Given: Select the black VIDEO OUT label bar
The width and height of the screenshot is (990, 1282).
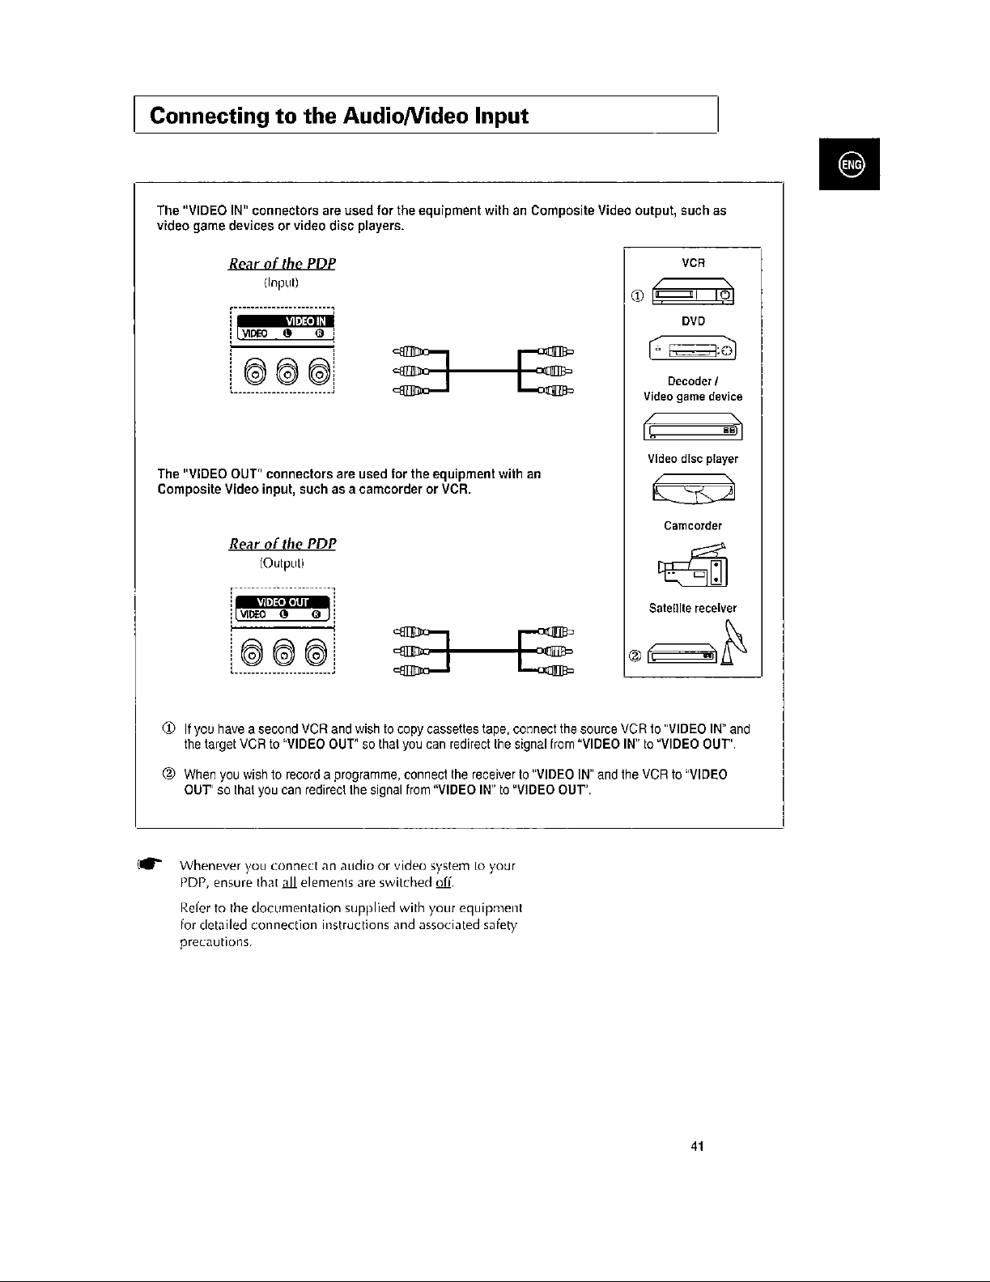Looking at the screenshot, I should coord(283,601).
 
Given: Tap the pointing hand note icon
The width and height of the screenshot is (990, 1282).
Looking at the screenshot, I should coord(151,864).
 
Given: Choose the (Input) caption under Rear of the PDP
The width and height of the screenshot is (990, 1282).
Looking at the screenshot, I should coord(282,282).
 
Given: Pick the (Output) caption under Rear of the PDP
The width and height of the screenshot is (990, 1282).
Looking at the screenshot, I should coord(282,562).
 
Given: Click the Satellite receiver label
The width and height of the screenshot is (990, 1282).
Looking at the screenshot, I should coord(693,608).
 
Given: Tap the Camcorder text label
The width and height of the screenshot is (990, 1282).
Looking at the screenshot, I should coord(693,526).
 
